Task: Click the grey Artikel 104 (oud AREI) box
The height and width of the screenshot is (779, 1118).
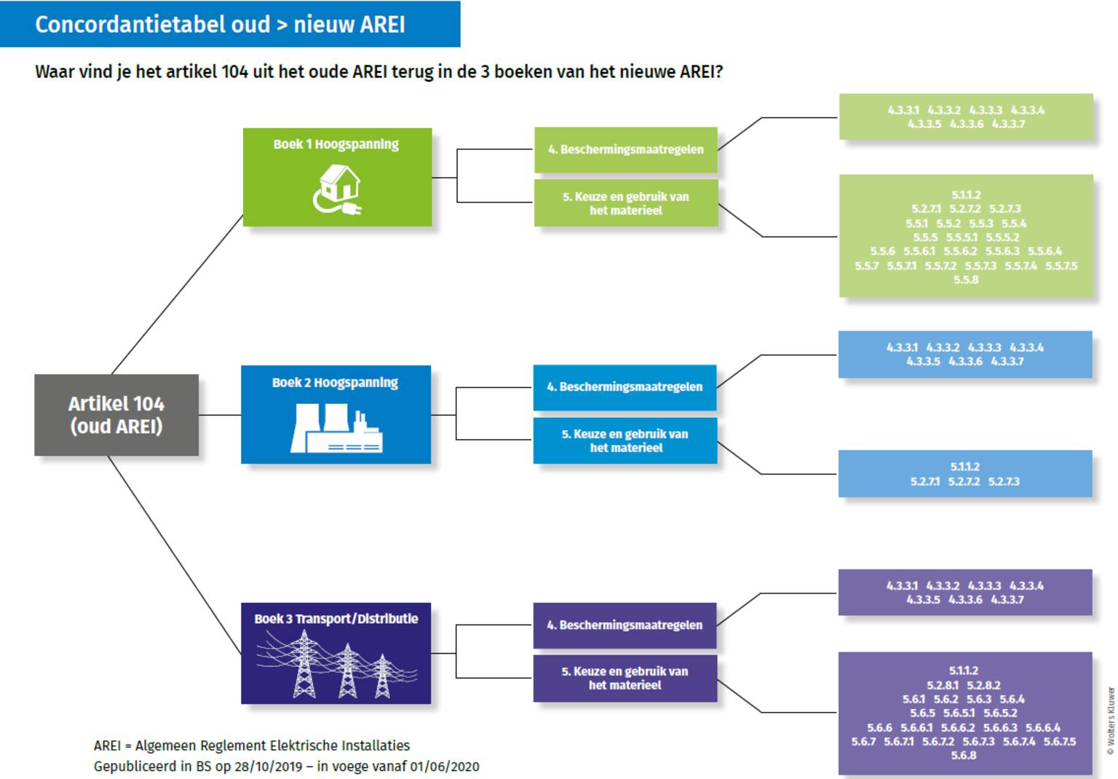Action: [116, 415]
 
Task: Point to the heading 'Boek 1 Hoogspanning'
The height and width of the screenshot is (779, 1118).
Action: [336, 144]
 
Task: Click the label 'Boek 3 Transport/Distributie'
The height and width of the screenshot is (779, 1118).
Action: [336, 619]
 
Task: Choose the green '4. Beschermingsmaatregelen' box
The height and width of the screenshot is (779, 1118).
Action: [625, 150]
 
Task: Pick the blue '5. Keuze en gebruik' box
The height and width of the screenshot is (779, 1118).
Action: [625, 440]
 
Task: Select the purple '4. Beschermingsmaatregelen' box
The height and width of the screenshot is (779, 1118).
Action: [625, 625]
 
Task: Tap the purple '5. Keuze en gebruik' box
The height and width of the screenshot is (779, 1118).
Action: [625, 678]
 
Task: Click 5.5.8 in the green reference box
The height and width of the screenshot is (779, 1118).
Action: [966, 280]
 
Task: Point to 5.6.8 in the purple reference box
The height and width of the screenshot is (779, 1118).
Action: [964, 756]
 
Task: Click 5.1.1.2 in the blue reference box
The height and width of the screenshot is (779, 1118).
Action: [964, 467]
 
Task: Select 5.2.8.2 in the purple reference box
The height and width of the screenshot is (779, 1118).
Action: [983, 685]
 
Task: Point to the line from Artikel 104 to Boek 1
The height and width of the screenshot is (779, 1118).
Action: [177, 294]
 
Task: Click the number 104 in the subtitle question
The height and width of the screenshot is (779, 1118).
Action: [234, 72]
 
